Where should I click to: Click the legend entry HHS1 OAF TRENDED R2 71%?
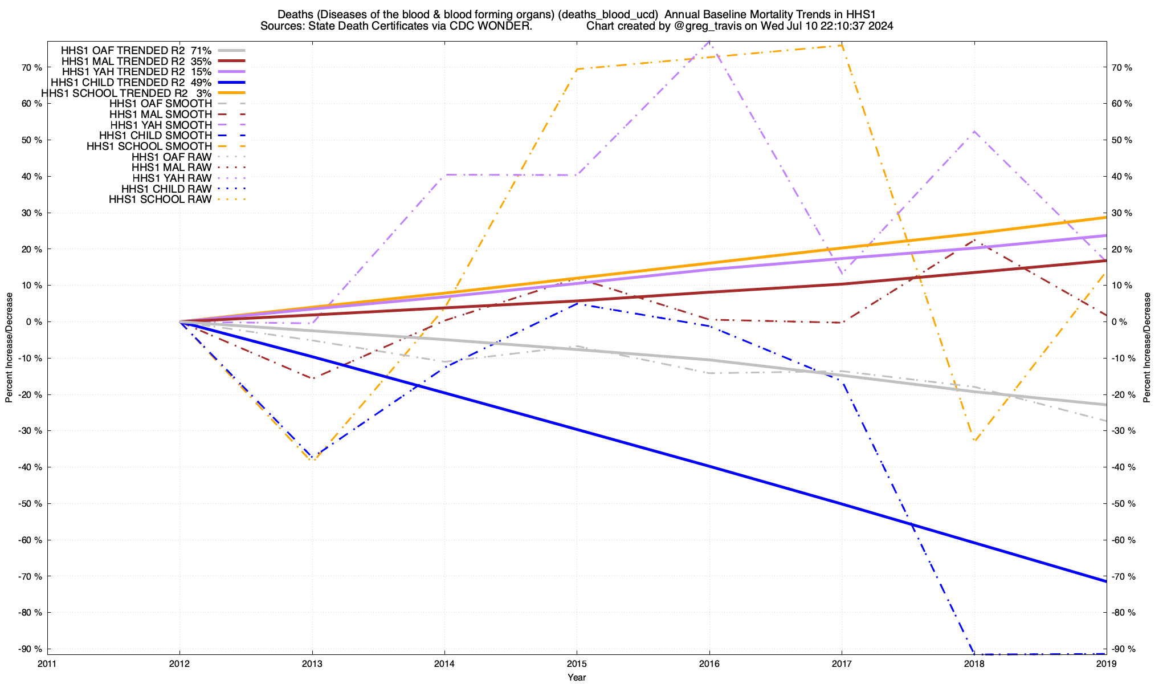point(136,50)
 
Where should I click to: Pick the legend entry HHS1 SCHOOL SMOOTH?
point(149,146)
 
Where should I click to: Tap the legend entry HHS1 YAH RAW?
point(172,178)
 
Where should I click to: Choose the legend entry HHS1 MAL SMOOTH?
point(161,115)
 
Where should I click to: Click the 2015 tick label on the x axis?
point(577,663)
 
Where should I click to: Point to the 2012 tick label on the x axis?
point(179,663)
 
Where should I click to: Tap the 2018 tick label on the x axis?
point(974,663)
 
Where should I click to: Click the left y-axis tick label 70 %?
point(31,67)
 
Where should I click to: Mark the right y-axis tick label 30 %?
point(1122,213)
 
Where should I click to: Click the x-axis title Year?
point(577,677)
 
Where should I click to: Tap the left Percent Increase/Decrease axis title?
point(9,348)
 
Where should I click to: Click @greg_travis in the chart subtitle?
point(701,26)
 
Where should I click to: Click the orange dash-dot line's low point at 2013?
point(312,461)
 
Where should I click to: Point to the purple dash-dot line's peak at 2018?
point(974,132)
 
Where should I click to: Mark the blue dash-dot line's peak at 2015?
point(577,303)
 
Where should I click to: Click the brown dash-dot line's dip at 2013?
point(312,378)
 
